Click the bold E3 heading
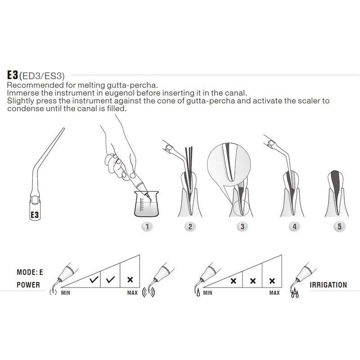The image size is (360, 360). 13,75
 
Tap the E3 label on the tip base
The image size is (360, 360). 35,215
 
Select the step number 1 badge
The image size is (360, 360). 147,227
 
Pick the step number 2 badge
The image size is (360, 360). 190,227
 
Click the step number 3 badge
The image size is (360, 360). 242,227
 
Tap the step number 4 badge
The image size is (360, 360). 294,227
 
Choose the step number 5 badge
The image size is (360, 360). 339,227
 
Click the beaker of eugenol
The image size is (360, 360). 147,204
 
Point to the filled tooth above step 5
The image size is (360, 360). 337,194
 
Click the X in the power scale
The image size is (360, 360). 130,279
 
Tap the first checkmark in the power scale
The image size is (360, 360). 94,279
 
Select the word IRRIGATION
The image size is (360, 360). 328,285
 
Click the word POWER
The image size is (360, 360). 28,285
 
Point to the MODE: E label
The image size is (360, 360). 30,272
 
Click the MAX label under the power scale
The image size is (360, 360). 132,293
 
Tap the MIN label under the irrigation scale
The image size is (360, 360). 207,293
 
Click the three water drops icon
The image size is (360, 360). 295,293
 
